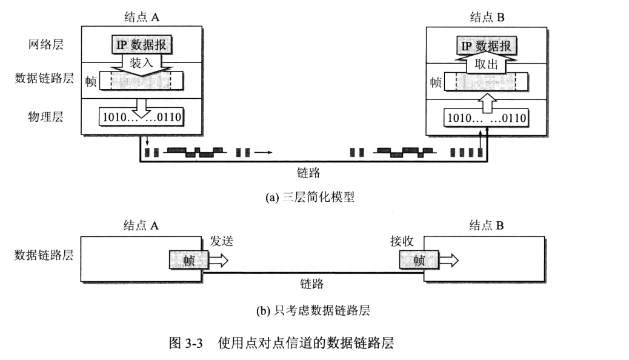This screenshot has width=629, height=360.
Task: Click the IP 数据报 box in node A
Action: (x=141, y=44)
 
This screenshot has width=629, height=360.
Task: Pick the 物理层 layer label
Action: (x=45, y=116)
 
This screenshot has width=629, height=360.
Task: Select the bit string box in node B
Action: (x=485, y=117)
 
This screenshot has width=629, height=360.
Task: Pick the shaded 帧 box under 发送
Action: (x=188, y=260)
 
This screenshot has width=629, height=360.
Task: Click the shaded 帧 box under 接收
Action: (x=419, y=261)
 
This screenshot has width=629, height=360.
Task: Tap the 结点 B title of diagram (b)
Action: (x=488, y=225)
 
